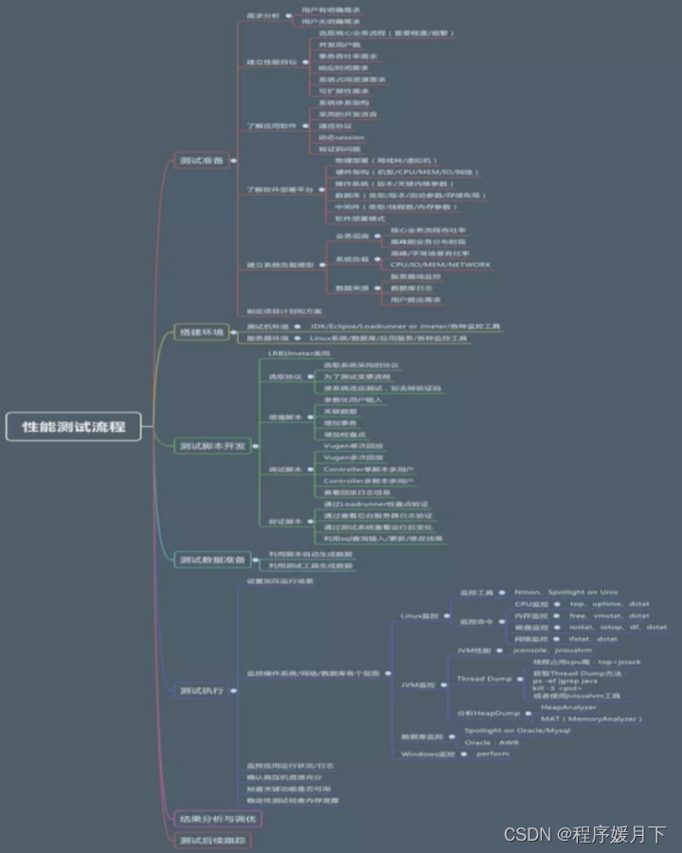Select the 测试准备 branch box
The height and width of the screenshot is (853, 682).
(201, 160)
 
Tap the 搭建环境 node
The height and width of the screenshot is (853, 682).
(201, 332)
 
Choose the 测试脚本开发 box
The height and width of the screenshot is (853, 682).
(214, 446)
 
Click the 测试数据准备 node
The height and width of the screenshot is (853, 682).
(212, 560)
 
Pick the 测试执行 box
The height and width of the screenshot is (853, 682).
(201, 690)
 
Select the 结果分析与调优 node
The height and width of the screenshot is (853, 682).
(217, 817)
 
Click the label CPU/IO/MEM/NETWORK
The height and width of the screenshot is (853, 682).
(440, 265)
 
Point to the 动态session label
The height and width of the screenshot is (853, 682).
(341, 137)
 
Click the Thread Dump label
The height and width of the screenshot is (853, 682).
(484, 679)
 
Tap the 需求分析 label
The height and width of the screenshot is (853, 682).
(263, 15)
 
